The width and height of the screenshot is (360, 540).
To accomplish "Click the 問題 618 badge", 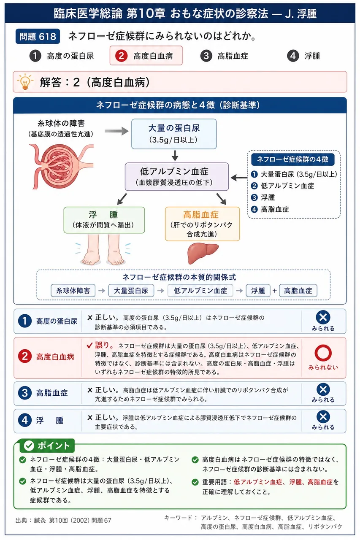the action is click(38, 36).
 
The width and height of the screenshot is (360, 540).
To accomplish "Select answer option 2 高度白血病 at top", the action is click(146, 56).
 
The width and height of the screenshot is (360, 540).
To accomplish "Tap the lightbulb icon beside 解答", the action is click(25, 82).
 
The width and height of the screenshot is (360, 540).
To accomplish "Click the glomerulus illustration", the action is click(61, 166).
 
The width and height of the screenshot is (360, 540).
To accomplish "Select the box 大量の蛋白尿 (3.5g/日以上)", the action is click(174, 134).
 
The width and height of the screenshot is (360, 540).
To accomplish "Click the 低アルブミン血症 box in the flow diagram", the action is click(177, 177).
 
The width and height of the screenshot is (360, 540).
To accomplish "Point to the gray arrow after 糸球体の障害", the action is click(116, 131).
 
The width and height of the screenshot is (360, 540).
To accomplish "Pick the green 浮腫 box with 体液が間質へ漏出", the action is click(104, 220).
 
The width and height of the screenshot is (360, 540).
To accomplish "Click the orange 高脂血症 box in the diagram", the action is click(202, 224).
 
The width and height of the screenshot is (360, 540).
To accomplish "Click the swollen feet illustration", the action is click(103, 250).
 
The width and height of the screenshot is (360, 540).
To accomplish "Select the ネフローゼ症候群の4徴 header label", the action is click(293, 159).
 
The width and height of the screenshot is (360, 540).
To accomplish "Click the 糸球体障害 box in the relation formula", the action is click(73, 291).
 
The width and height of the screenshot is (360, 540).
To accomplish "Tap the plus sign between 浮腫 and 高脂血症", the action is click(274, 291).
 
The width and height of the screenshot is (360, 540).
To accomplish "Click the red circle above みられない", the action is click(323, 353).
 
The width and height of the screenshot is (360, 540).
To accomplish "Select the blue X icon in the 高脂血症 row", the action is click(323, 389).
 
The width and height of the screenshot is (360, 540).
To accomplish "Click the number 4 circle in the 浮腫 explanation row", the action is click(25, 420).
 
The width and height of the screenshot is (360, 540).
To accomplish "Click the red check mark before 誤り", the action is click(89, 346).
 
